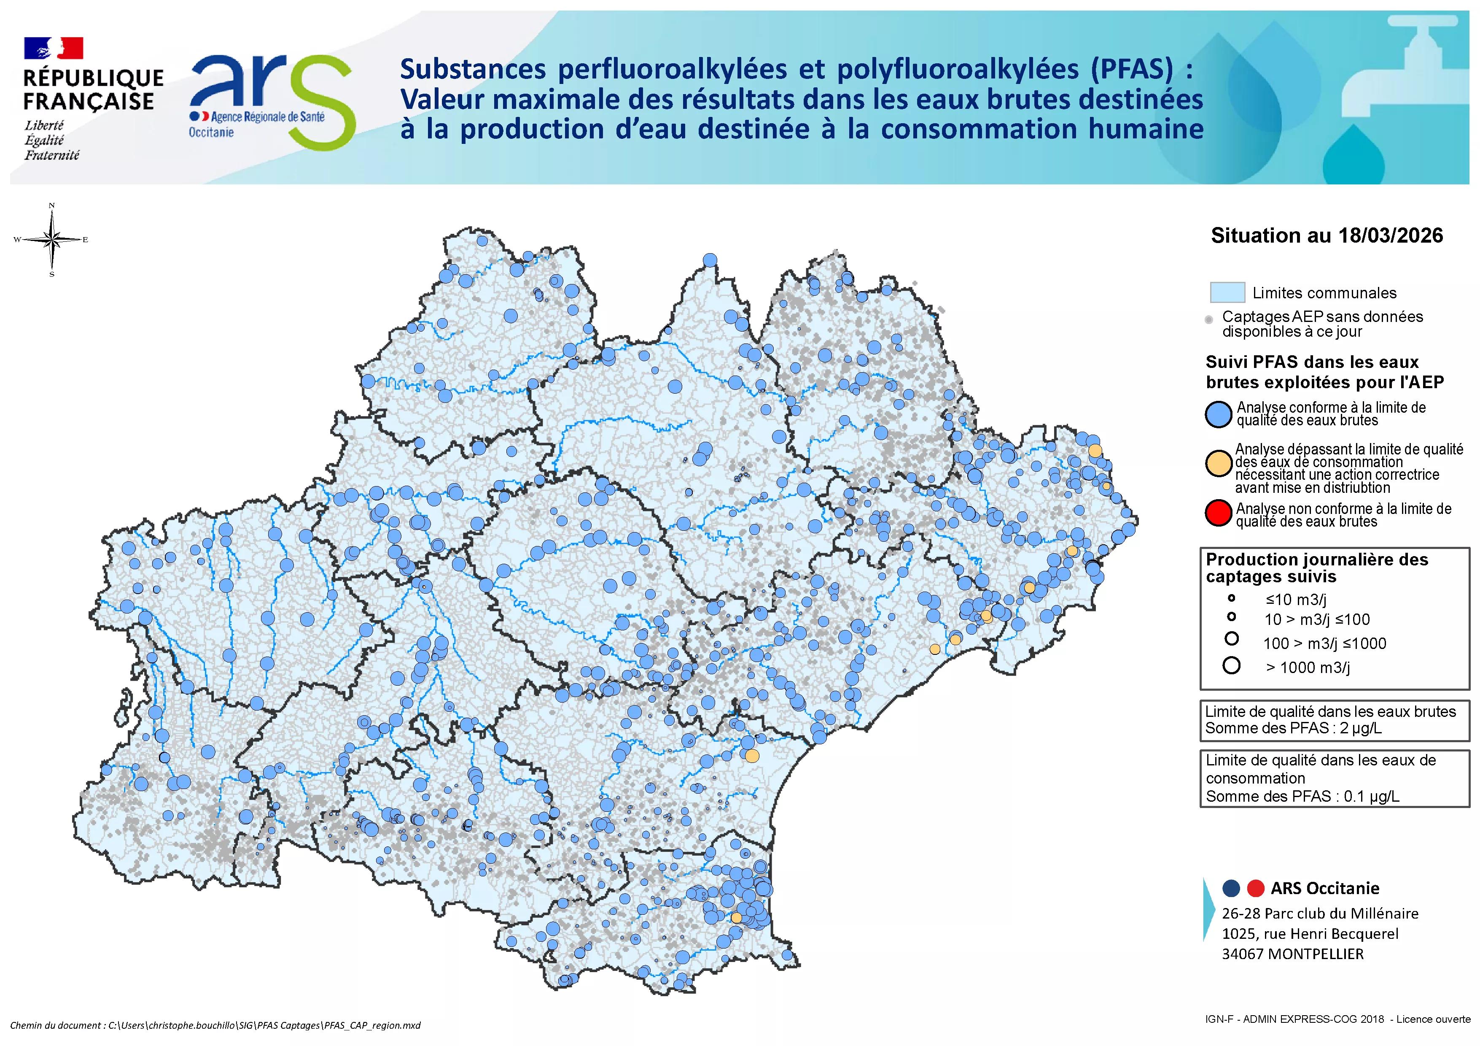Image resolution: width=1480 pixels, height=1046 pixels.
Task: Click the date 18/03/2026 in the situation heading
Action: (1390, 235)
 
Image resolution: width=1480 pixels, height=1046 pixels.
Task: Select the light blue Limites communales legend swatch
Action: (1226, 292)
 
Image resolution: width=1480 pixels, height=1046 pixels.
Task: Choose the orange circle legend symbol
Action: (1218, 464)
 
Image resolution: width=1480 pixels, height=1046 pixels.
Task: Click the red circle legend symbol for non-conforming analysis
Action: (1218, 514)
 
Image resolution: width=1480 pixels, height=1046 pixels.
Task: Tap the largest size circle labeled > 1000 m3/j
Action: (1231, 665)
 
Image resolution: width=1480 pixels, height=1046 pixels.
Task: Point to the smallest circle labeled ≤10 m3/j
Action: (1231, 598)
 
